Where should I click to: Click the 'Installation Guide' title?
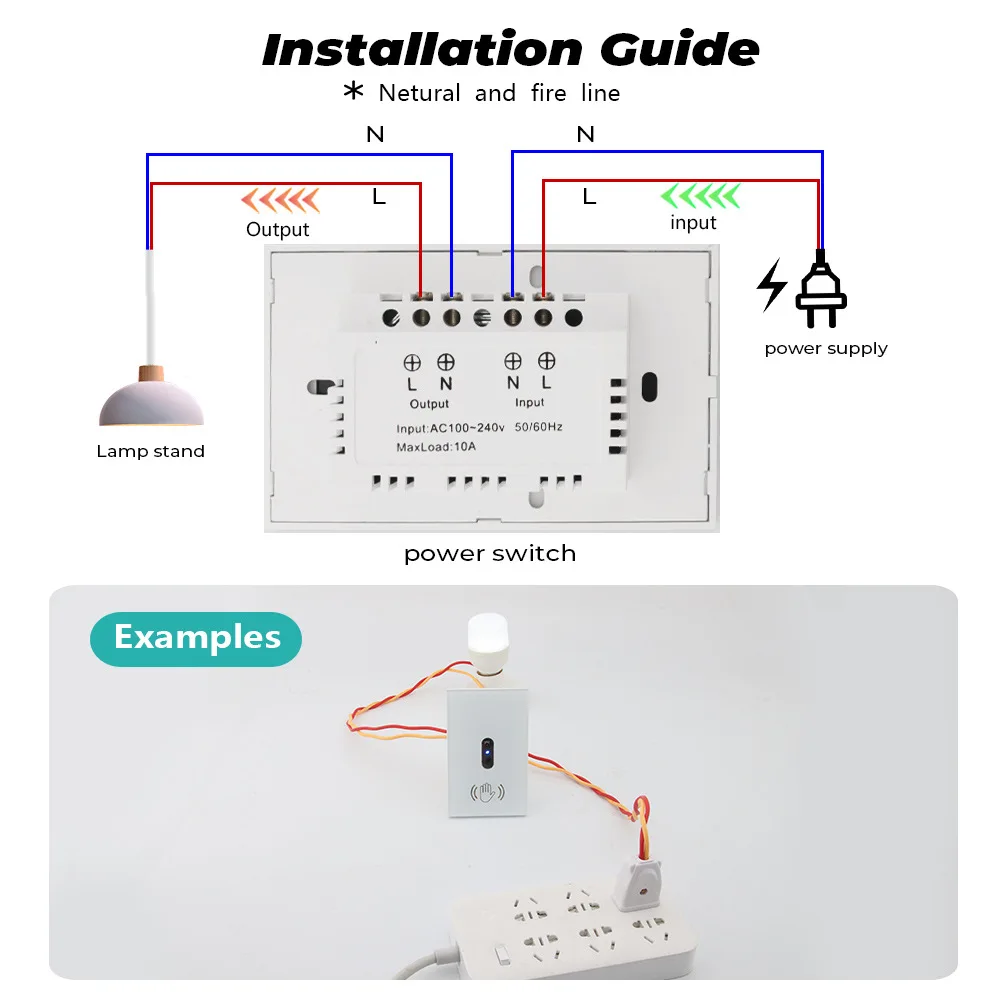[x=510, y=49]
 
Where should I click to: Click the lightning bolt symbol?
[x=771, y=285]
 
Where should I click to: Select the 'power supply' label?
[x=826, y=348]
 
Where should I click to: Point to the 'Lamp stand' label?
[x=150, y=451]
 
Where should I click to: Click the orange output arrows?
[x=281, y=200]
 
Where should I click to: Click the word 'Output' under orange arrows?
[x=277, y=230]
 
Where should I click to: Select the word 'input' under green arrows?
[x=693, y=223]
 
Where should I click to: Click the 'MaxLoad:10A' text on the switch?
[x=436, y=447]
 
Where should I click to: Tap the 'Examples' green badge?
[x=196, y=638]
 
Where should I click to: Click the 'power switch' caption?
[x=490, y=554]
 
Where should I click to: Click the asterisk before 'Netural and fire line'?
[x=353, y=92]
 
